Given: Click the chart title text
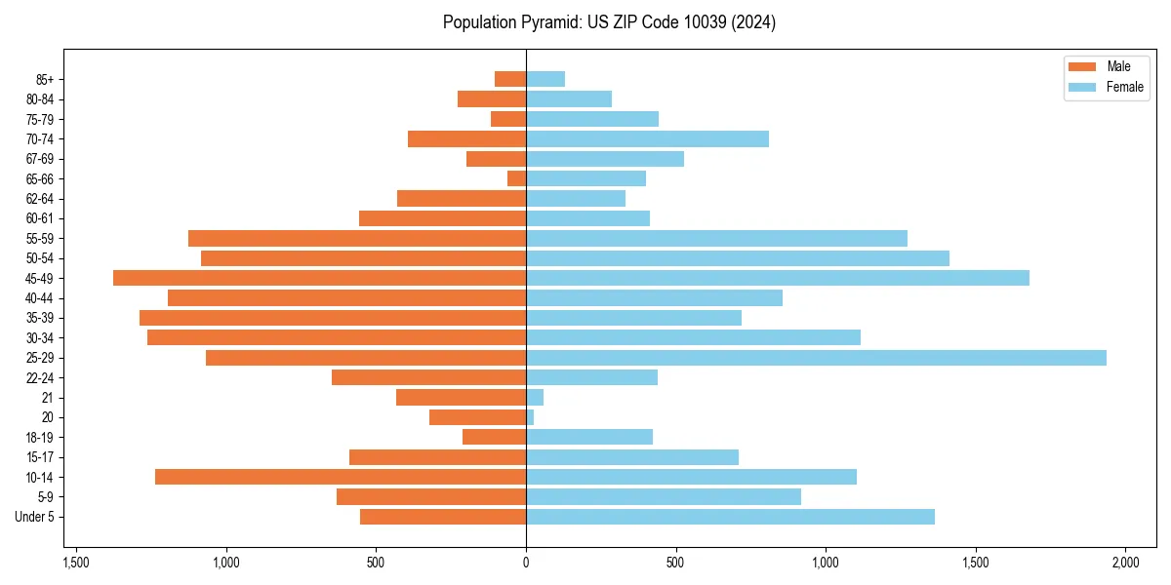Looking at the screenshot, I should click(x=609, y=22).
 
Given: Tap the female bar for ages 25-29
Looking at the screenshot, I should click(x=816, y=358).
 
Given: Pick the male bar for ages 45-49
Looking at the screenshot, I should click(x=319, y=278).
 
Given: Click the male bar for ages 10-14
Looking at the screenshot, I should click(x=341, y=477).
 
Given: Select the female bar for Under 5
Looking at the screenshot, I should click(x=730, y=517).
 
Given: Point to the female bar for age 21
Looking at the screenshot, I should click(x=535, y=398).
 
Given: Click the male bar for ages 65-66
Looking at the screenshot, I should click(x=517, y=178).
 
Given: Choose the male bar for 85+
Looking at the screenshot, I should click(x=510, y=79).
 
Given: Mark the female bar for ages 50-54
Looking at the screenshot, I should click(x=738, y=258).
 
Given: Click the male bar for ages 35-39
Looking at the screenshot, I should click(x=333, y=318).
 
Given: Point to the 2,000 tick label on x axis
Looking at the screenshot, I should click(x=1125, y=563).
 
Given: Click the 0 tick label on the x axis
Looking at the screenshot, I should click(x=526, y=563).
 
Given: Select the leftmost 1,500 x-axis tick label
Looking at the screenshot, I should click(x=76, y=563).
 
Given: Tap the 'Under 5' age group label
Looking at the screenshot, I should click(x=34, y=517).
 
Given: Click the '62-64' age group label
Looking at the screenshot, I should click(x=40, y=199).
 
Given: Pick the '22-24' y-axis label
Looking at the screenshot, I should click(x=40, y=378).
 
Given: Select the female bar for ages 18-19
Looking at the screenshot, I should click(x=589, y=437).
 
